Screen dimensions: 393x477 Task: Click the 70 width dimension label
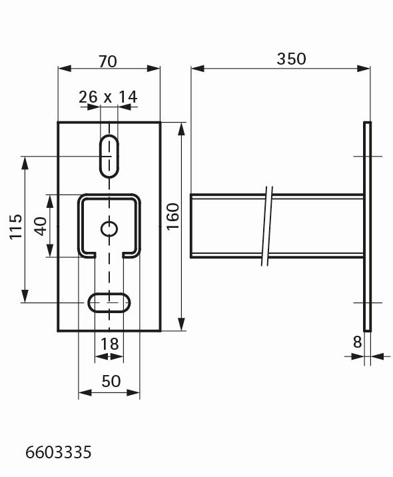108,61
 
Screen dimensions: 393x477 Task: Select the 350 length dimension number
291,59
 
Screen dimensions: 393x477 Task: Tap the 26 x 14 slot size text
108,97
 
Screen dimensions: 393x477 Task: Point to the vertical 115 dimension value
16,227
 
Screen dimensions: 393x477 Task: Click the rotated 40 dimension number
41,226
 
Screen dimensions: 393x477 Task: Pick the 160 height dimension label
174,217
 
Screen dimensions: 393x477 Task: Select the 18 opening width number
109,344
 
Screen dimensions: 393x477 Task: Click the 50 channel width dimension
111,381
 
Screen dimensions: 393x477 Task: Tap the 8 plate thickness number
357,342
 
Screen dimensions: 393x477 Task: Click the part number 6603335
59,452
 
